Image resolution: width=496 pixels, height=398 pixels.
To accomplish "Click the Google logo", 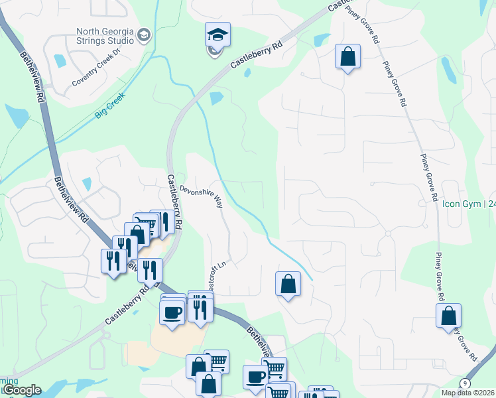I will coord(21,390).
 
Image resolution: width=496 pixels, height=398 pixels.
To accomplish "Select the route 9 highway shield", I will coord(466,384).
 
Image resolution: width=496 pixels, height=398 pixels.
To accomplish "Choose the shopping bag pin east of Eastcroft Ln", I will coord(288,284).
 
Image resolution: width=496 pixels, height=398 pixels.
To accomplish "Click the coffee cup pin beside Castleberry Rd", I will coord(172,312).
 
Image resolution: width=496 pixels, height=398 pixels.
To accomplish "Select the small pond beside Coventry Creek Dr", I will coord(60,61).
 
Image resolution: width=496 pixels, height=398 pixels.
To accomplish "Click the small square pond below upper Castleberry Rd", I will coord(216,100).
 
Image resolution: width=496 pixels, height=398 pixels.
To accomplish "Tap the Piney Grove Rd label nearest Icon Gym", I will coord(430,178).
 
